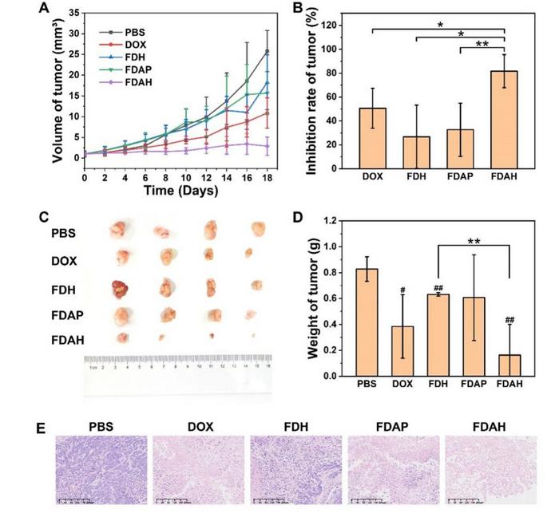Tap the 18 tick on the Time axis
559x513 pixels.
(x=267, y=179)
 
